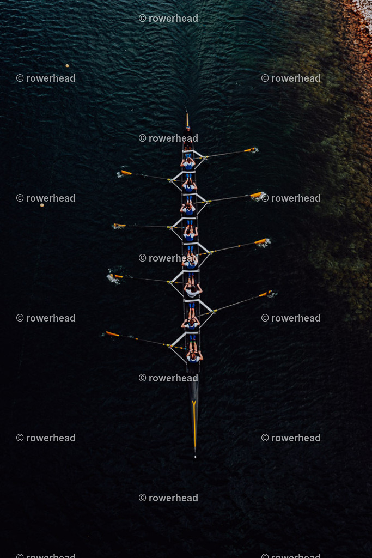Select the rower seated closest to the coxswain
(x=188, y=164)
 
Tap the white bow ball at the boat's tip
(x=195, y=456)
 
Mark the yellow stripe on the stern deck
(x=187, y=119)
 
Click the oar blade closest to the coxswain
(x=249, y=150)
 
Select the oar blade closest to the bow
(x=112, y=333)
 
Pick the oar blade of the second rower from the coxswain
(x=126, y=173)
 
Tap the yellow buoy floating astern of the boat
(x=67, y=65)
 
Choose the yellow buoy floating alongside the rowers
(x=42, y=205)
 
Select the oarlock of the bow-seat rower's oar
(x=169, y=345)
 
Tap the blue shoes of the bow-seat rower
(x=192, y=337)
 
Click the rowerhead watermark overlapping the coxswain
(x=168, y=138)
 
